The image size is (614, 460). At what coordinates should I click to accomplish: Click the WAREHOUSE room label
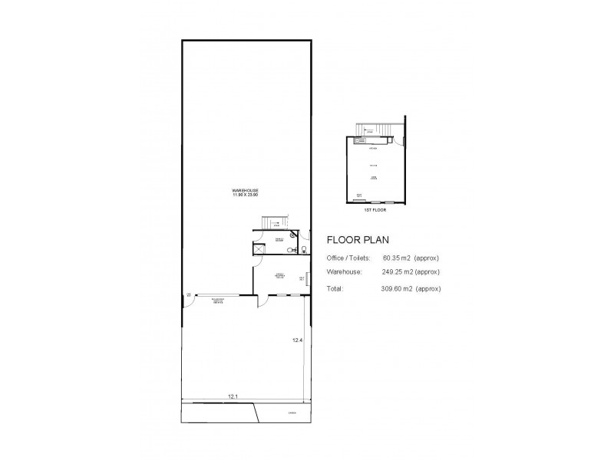247,191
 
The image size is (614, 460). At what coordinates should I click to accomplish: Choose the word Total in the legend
335,289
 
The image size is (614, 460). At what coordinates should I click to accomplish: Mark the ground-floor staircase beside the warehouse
274,222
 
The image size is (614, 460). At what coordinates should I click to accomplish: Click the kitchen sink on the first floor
358,140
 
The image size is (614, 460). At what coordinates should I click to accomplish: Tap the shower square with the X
259,248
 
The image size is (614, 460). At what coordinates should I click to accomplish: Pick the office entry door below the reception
262,301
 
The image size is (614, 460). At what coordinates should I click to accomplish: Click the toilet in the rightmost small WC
304,249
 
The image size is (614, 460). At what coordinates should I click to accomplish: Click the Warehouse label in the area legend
343,271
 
